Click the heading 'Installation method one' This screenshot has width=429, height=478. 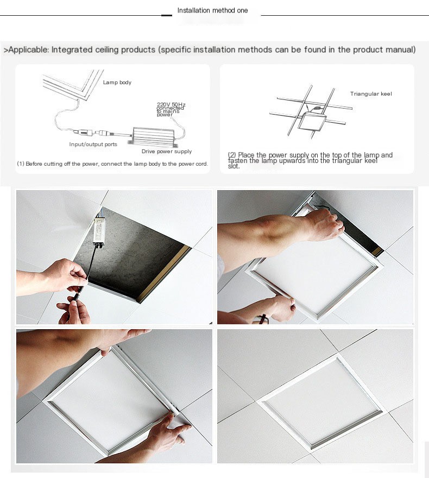pyautogui.click(x=212, y=10)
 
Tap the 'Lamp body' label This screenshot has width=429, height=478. pyautogui.click(x=117, y=83)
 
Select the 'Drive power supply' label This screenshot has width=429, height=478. pyautogui.click(x=167, y=152)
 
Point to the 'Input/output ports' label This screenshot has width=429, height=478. pyautogui.click(x=93, y=144)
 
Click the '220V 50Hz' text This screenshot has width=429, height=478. pyautogui.click(x=171, y=104)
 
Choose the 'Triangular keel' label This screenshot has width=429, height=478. pyautogui.click(x=371, y=94)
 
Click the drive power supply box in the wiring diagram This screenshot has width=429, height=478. pyautogui.click(x=154, y=131)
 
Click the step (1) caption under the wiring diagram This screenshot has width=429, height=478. pyautogui.click(x=112, y=163)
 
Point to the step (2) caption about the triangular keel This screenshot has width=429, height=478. pyautogui.click(x=310, y=160)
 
